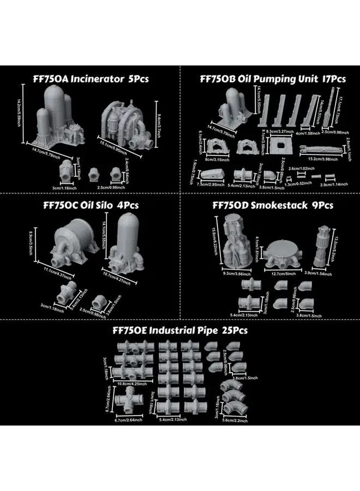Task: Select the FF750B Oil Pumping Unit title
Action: coord(273,79)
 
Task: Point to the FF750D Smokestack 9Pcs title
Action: coord(273,206)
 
